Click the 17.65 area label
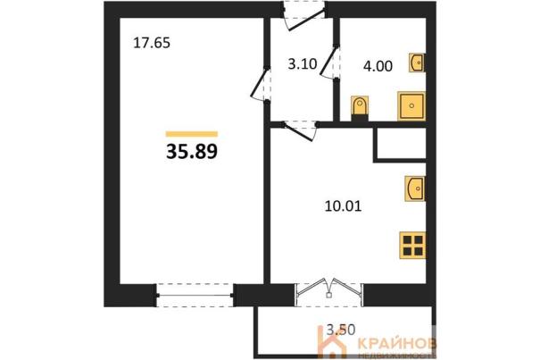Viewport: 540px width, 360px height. tap(152, 43)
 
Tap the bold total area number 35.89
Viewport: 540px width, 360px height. tap(192, 152)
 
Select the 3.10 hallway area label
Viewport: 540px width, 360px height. tap(303, 64)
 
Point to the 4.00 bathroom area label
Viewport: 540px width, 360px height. tap(378, 66)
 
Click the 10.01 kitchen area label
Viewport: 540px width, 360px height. tap(343, 206)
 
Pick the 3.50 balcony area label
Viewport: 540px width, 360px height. tap(341, 330)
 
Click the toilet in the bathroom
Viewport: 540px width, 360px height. tap(360, 109)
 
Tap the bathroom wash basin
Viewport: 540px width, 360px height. tap(417, 63)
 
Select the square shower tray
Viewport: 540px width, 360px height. tap(411, 106)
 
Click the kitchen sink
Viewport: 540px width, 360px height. tap(415, 188)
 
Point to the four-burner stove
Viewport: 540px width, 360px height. tap(412, 245)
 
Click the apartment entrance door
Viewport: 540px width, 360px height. tap(304, 16)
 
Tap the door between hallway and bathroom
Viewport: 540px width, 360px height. tap(330, 62)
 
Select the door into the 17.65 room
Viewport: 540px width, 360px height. tap(261, 84)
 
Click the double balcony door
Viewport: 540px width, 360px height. tap(329, 289)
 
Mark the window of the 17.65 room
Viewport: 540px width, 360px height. tap(195, 295)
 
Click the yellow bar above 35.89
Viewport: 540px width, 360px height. tap(192, 134)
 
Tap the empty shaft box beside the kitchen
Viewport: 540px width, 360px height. tap(400, 144)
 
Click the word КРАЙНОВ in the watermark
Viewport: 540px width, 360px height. tap(397, 343)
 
